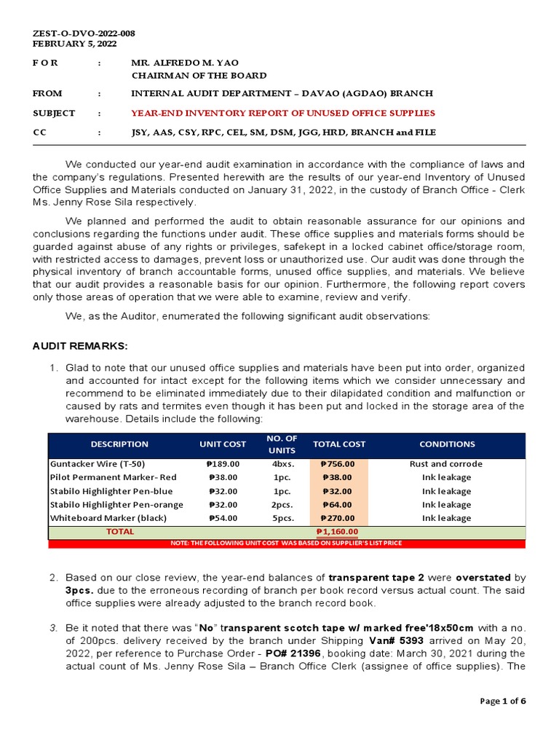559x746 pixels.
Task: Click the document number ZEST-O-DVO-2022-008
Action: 84,34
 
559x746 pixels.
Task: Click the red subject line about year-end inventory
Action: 282,113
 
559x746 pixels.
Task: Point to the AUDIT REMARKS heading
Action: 80,345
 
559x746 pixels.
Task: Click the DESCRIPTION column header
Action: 119,444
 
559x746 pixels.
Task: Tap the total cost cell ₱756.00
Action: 338,463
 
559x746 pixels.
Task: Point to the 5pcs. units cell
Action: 282,518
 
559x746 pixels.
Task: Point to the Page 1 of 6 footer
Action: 502,701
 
